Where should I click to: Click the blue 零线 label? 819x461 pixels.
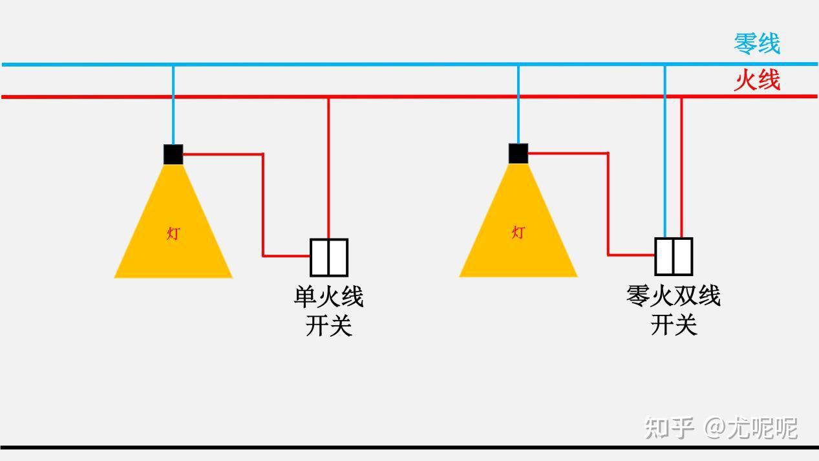[x=756, y=44]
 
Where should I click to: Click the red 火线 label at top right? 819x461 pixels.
[x=756, y=81]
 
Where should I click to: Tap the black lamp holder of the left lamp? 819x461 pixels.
[x=173, y=155]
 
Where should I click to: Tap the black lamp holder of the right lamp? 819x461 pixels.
[x=518, y=154]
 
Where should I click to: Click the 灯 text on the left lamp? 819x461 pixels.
[x=173, y=233]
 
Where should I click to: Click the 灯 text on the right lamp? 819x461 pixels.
[x=518, y=232]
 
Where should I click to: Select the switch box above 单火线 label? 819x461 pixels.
[x=329, y=257]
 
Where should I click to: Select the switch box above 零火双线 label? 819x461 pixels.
[x=674, y=257]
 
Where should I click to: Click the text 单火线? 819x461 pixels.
[x=328, y=297]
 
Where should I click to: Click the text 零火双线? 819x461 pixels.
[x=674, y=296]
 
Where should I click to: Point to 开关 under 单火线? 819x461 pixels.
[x=328, y=325]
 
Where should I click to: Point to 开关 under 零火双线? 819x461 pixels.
[x=674, y=325]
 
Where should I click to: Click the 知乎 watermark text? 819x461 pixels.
[x=670, y=428]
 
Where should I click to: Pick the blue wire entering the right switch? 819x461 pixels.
[x=665, y=168]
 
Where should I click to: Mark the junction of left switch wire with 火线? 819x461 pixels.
[x=328, y=97]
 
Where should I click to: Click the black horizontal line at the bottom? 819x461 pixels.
[x=409, y=447]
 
